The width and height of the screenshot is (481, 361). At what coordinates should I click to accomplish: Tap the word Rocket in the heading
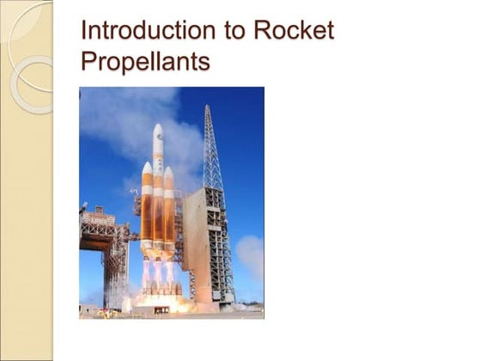[x=292, y=31]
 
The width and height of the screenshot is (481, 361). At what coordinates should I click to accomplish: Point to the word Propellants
[x=144, y=62]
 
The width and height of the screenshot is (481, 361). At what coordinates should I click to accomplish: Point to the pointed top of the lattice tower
[x=208, y=110]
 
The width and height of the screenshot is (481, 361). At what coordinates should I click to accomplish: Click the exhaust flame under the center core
[x=158, y=275]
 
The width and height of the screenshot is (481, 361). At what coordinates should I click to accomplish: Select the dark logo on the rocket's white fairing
[x=158, y=154]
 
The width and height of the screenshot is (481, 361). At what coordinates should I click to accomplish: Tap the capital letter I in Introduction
[x=82, y=31]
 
